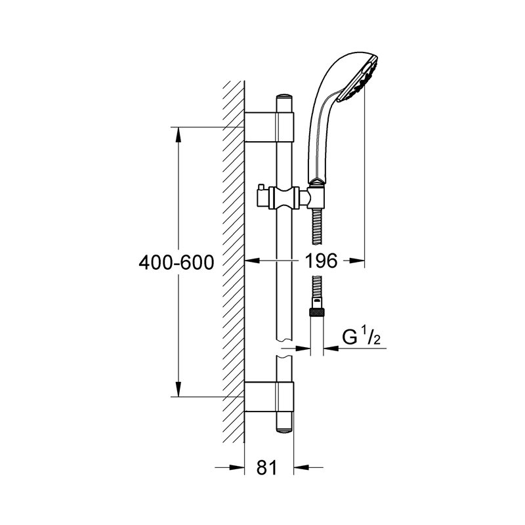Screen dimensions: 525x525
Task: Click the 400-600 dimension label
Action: (176, 262)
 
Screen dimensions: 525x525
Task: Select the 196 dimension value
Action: (321, 261)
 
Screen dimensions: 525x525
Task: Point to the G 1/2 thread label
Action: (362, 337)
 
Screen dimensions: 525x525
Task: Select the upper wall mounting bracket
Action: (269, 127)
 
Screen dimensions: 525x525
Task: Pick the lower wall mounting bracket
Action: (269, 396)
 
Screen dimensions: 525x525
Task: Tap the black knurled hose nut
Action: (316, 312)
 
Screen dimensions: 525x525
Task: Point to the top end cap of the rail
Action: (285, 97)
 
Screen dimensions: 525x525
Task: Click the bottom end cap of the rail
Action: (285, 431)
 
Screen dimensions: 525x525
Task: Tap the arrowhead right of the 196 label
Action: (356, 261)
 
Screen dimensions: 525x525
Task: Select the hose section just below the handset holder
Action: (316, 227)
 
